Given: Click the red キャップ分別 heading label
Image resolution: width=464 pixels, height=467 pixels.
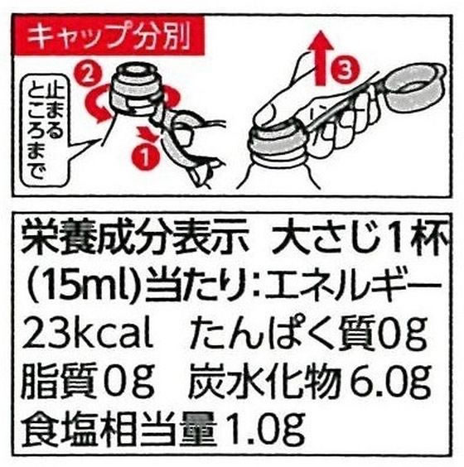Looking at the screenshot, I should click(x=102, y=37).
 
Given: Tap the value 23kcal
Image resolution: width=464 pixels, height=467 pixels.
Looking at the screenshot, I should click(x=89, y=335).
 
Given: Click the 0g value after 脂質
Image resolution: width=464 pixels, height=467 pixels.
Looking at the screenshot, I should click(x=132, y=383).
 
